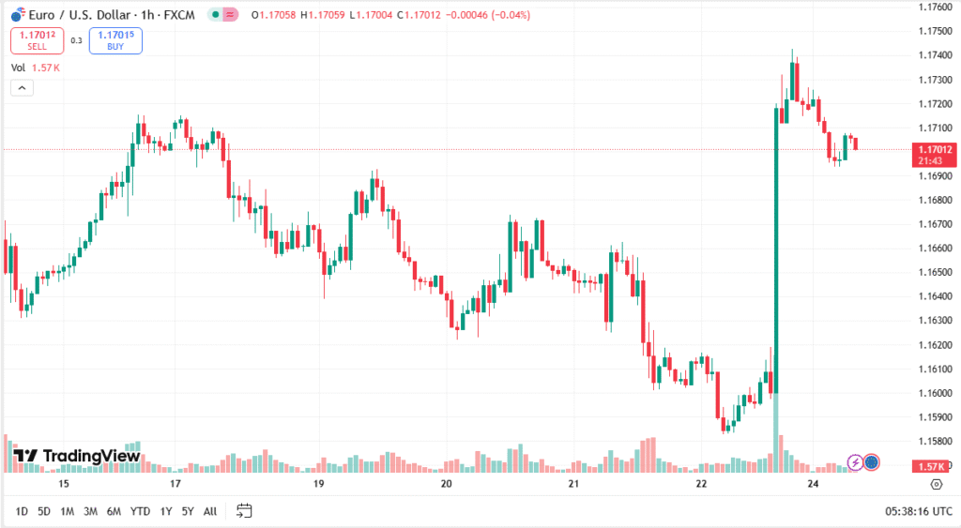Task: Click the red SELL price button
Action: (x=37, y=40)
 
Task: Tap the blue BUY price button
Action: (x=115, y=40)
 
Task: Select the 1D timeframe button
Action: (x=21, y=511)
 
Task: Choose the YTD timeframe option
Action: (x=140, y=511)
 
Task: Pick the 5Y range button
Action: (x=188, y=511)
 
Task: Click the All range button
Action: (x=210, y=511)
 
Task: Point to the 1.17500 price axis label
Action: (x=934, y=31)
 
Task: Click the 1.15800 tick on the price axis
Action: (x=934, y=441)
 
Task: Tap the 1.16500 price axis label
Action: (x=934, y=272)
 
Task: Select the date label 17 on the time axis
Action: (x=175, y=484)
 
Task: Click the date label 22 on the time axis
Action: (x=702, y=484)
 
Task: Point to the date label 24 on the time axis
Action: (x=814, y=484)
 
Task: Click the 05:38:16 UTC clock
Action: (x=918, y=511)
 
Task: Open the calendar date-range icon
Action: (x=244, y=511)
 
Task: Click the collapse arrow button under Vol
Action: (x=22, y=88)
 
